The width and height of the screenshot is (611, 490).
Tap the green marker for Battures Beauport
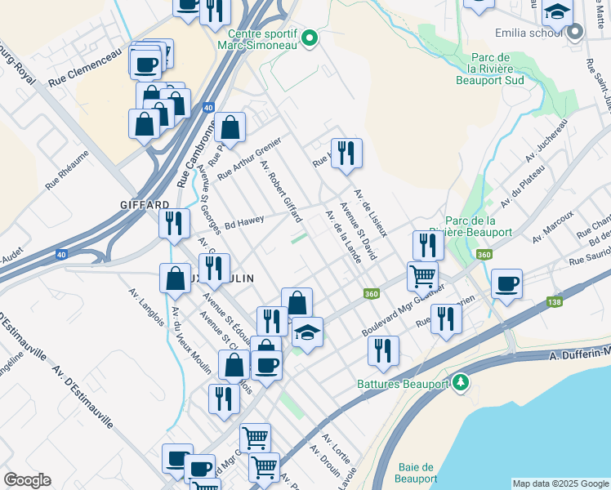pyautogui.click(x=462, y=381)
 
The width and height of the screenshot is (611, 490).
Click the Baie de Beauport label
pyautogui.click(x=417, y=473)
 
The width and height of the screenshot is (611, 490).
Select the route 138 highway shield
pyautogui.click(x=555, y=302)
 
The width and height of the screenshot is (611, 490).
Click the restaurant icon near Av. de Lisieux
pyautogui.click(x=346, y=153)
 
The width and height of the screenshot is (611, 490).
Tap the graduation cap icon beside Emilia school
pyautogui.click(x=557, y=13)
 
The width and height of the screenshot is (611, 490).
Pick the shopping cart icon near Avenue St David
pyautogui.click(x=422, y=276)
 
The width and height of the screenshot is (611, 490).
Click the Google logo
pyautogui.click(x=27, y=480)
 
